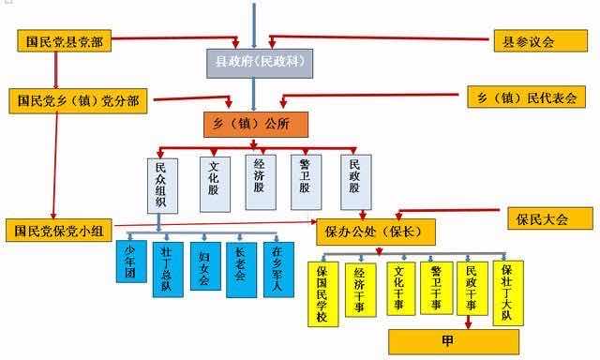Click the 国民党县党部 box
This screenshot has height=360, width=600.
[65, 40]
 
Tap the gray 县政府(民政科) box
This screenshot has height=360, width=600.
[260, 63]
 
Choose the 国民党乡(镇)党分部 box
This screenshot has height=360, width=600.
[79, 100]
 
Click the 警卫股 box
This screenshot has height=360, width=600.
[306, 180]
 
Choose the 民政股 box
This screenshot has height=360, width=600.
[354, 180]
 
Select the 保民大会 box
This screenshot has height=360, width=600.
[549, 219]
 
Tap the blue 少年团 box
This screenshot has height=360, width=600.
[130, 262]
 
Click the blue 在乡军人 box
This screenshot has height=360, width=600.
[278, 270]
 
